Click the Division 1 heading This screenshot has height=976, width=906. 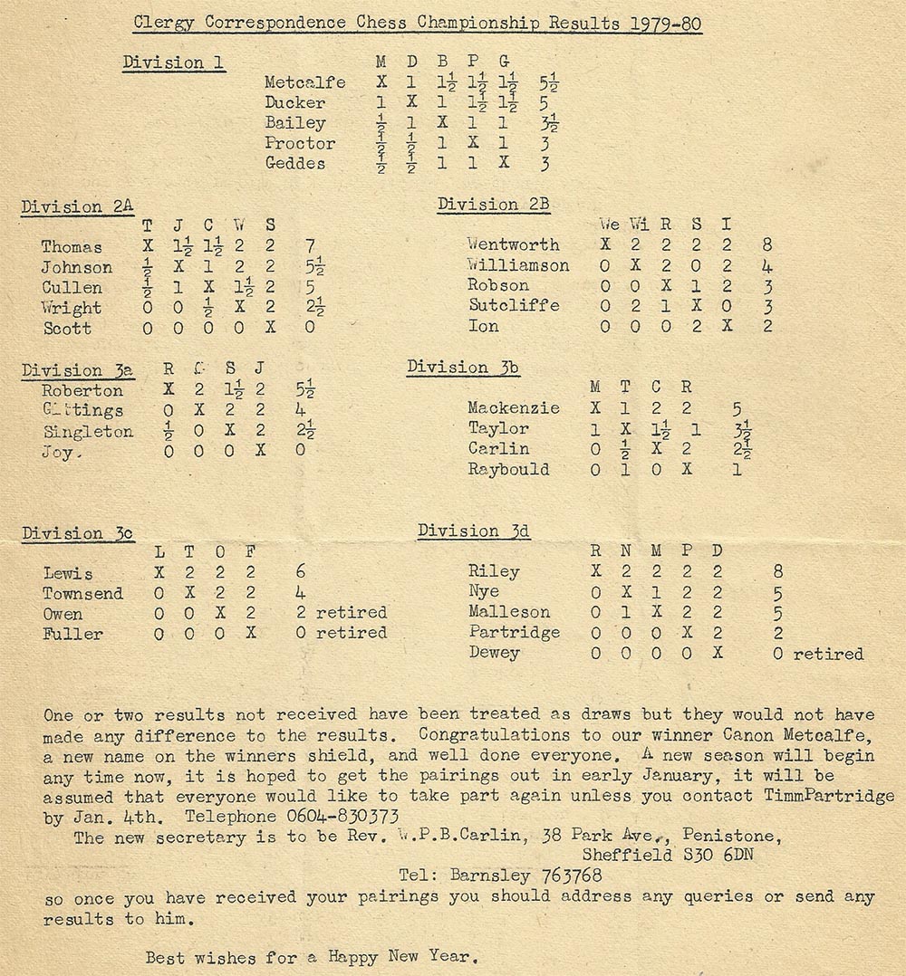coord(174,62)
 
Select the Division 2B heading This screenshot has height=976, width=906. coord(494,205)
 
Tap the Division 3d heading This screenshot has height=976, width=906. coord(474,531)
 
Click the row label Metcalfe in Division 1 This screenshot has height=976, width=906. coord(305,82)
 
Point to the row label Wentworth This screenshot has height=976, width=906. coord(514,244)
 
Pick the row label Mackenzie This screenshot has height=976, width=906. coord(514,408)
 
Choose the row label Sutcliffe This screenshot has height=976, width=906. coord(514,305)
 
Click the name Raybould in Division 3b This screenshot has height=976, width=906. coord(508,469)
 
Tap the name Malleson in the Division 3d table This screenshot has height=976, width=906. coord(509,612)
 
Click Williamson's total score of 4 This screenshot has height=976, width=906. coord(767,265)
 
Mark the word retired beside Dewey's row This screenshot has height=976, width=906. coord(828,653)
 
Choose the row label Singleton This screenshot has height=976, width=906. coord(87,431)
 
